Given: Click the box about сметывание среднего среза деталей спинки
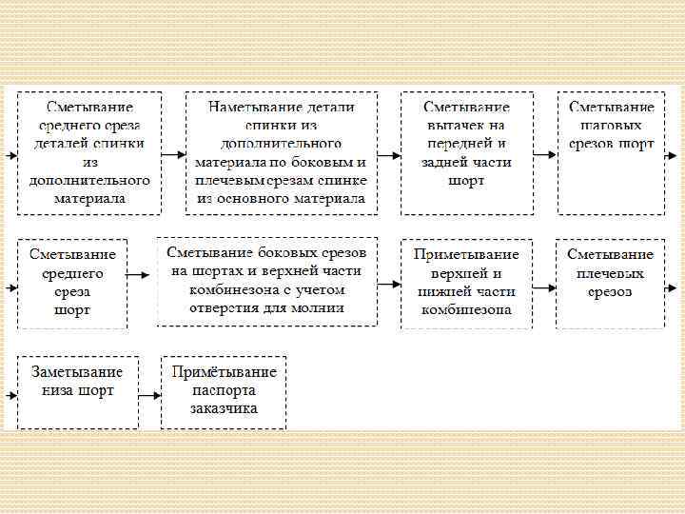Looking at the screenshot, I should click(90, 152).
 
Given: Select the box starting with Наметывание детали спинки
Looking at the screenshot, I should click(281, 152).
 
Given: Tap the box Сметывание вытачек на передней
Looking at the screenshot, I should click(465, 152).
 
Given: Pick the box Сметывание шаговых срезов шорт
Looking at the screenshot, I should click(612, 152).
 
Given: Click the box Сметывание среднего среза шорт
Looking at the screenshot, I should click(72, 283).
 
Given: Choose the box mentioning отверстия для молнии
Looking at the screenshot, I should click(267, 281).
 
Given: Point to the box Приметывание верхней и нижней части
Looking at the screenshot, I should click(466, 283).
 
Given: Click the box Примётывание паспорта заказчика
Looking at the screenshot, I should click(224, 391).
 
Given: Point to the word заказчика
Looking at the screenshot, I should click(224, 409).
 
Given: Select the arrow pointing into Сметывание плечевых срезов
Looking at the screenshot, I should click(544, 284).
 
